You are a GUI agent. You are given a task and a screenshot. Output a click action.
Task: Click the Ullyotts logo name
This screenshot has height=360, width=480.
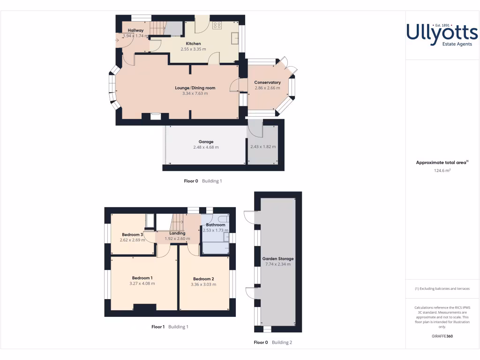tap(442, 33)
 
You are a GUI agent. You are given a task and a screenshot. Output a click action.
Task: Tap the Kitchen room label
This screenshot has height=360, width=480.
tap(193, 44)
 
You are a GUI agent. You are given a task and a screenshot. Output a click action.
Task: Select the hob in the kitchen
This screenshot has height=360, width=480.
tap(217, 25)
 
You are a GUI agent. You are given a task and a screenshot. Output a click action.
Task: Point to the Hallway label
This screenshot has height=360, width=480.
tap(135, 30)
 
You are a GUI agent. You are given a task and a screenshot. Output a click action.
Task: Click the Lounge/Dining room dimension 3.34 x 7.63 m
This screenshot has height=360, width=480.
tap(195, 93)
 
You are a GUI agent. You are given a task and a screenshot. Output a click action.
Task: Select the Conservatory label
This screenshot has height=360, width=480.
tap(267, 82)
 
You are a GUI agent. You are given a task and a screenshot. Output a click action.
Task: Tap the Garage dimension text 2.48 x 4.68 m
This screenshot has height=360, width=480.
tap(206, 147)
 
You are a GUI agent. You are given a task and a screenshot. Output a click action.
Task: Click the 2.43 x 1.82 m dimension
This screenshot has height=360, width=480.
tap(263, 147)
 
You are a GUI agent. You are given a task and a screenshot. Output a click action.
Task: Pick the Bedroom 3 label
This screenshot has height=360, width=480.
tap(132, 234)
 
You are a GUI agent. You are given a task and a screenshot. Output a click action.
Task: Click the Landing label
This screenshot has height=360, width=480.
tap(177, 233)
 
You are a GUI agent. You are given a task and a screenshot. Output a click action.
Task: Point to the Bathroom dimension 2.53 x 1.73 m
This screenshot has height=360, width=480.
tap(216, 230)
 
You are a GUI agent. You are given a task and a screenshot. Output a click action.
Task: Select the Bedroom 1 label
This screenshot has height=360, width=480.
tap(142, 278)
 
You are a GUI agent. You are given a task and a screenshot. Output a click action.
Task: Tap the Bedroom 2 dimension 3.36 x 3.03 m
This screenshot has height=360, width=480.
tap(203, 284)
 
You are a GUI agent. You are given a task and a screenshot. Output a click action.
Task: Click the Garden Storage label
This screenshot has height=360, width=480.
tap(278, 259)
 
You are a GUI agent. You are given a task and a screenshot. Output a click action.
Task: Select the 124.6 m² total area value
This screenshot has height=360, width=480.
tap(442, 171)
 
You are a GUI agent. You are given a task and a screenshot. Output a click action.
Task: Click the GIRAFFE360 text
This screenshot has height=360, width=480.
tap(442, 336)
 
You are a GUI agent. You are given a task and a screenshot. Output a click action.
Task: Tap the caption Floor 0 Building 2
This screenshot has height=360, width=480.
tap(273, 342)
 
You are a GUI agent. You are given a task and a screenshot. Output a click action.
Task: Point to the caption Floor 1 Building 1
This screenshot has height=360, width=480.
tap(170, 327)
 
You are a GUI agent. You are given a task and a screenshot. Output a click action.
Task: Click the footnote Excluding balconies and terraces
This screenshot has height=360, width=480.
tap(442, 289)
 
